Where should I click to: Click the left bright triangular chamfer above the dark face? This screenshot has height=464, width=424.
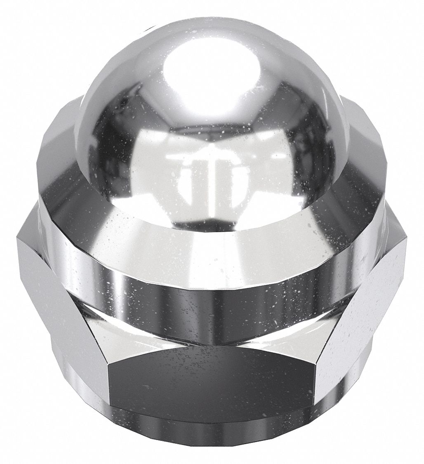pos(136,334)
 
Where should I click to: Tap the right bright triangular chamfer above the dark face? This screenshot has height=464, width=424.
pos(289,334)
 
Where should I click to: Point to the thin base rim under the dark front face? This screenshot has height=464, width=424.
pos(210,429)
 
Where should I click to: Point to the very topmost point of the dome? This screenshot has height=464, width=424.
pos(206,17)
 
